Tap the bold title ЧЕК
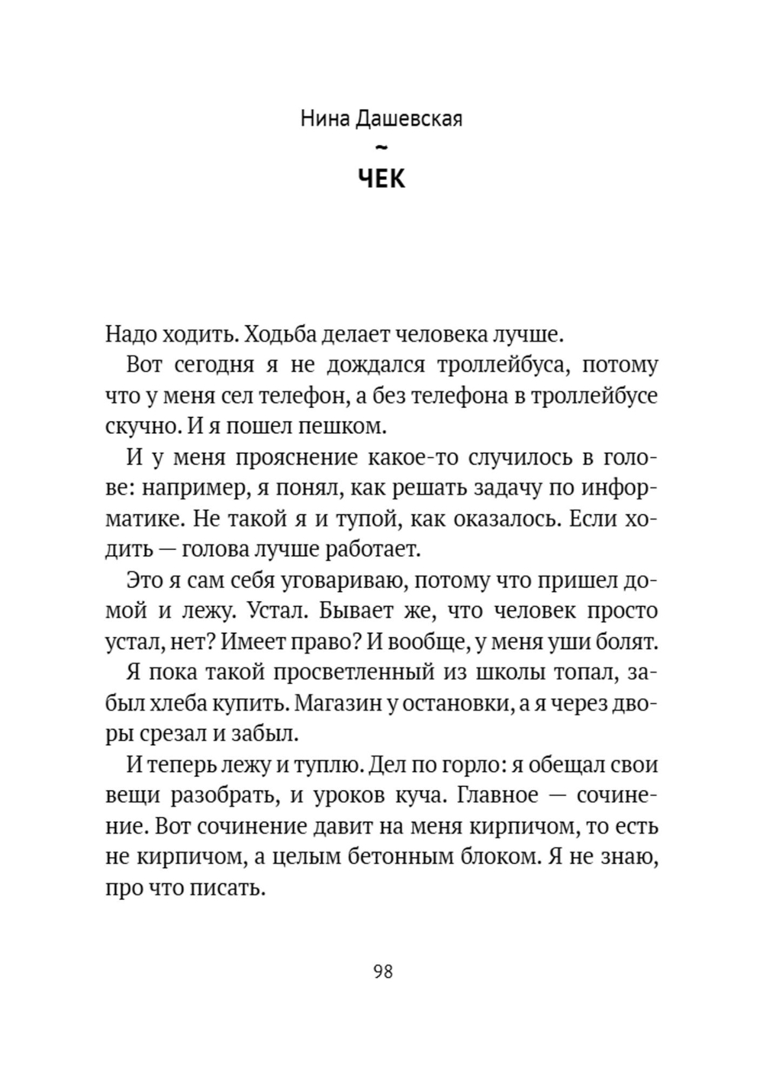[x=381, y=178]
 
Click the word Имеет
[x=251, y=642]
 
